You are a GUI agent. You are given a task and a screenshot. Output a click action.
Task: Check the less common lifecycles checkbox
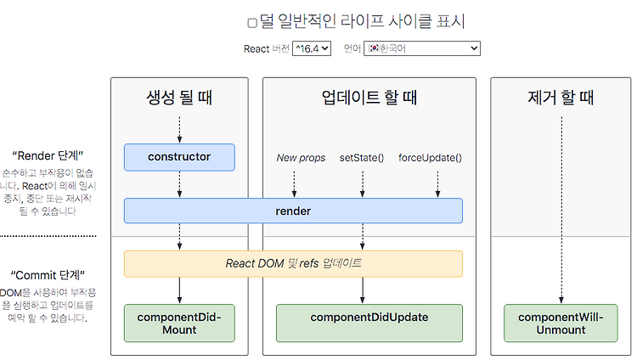[x=252, y=23]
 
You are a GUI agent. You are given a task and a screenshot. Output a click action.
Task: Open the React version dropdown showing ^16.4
[x=312, y=48]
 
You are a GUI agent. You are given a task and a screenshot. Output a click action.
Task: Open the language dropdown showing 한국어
[x=421, y=48]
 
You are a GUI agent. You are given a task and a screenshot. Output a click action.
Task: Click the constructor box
[x=179, y=157]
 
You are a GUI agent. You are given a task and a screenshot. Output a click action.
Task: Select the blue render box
[x=293, y=211]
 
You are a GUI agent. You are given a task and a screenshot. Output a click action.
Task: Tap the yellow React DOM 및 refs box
[x=293, y=264]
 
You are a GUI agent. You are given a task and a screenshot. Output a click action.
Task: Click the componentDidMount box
[x=179, y=323]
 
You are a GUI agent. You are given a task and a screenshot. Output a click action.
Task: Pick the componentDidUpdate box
[x=369, y=323]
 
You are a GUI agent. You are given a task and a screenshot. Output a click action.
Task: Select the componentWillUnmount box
[x=561, y=323]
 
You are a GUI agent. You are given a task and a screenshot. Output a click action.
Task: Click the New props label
[x=301, y=158]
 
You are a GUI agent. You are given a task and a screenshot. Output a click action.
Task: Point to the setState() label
[x=362, y=158]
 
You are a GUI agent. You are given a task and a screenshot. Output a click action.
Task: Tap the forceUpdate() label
[x=431, y=158]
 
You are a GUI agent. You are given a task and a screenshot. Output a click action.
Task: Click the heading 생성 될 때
[x=179, y=98]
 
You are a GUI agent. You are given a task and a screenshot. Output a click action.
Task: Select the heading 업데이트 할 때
[x=369, y=98]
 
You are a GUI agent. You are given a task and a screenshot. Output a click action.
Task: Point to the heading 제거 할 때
[x=561, y=98]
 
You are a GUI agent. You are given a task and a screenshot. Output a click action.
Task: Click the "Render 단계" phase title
[x=48, y=155]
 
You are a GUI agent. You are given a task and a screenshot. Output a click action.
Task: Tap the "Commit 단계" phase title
[x=48, y=275]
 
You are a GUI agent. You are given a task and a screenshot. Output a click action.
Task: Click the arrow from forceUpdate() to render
[x=437, y=184]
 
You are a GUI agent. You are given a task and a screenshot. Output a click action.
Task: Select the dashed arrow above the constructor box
[x=179, y=130]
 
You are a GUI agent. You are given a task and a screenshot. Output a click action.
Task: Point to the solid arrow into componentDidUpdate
[x=363, y=290]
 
